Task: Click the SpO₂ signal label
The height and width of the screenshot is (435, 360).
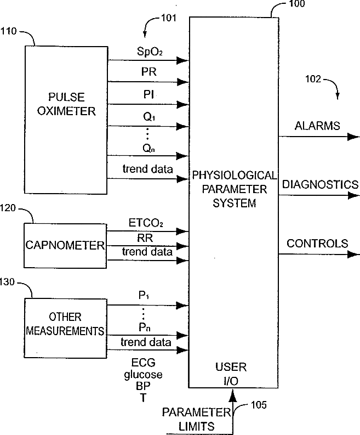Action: [x=150, y=52]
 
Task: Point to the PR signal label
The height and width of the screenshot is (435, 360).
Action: [x=149, y=72]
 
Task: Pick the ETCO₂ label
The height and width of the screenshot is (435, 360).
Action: [x=146, y=223]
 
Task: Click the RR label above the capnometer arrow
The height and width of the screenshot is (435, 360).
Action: [x=145, y=238]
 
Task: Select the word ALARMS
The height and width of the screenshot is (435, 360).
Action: [x=317, y=126]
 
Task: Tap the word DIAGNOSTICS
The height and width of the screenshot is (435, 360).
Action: [x=320, y=184]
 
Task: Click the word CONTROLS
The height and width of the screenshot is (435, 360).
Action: [x=317, y=244]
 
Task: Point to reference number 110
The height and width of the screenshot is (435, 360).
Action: [x=8, y=31]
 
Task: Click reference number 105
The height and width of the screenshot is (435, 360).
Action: [x=259, y=405]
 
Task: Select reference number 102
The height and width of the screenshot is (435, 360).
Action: [x=313, y=79]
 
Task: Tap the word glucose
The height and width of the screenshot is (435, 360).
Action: [x=143, y=375]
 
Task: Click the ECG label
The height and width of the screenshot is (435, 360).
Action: [x=143, y=363]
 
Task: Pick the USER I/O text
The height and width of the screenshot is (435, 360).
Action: [x=231, y=374]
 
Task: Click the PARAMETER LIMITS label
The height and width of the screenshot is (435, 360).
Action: [x=196, y=419]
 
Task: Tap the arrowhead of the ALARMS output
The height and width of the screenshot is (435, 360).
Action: [x=353, y=137]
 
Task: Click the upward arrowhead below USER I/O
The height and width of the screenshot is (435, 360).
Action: [x=233, y=395]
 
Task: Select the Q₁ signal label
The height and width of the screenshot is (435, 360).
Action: [x=149, y=117]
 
